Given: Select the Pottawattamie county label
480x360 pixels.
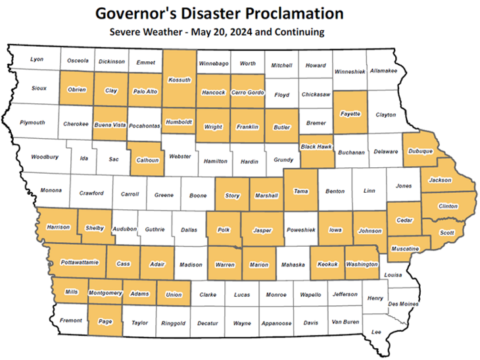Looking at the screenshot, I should (x=80, y=262).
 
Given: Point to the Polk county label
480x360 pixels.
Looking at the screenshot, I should (x=224, y=231).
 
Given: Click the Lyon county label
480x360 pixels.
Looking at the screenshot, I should (x=37, y=59).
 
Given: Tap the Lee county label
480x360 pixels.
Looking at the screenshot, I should (x=377, y=332).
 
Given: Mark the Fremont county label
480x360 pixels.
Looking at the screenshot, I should (x=71, y=321).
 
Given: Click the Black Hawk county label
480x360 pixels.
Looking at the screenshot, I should (x=316, y=146).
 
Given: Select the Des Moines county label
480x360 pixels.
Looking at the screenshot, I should (x=403, y=304).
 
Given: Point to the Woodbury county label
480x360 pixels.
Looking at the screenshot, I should (x=45, y=157).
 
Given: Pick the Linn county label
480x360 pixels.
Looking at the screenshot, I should (x=369, y=191).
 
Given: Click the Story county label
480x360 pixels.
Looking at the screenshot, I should (x=232, y=195).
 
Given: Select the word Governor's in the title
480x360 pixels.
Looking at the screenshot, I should (x=132, y=13).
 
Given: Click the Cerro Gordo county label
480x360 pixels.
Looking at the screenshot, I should (x=247, y=93).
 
